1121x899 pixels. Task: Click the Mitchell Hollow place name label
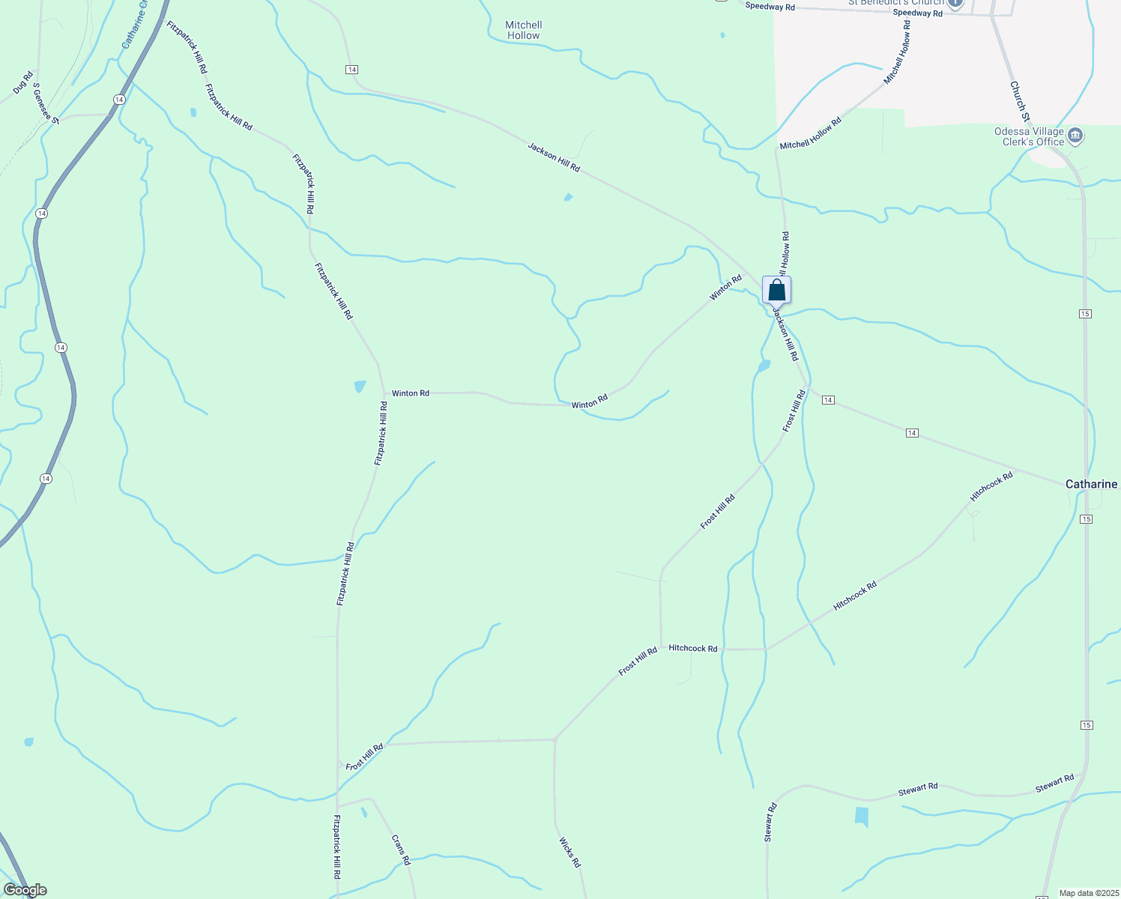point(523,30)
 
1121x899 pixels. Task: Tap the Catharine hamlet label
point(1091,484)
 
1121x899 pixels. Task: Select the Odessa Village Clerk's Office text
point(1029,136)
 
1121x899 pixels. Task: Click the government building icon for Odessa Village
point(1075,136)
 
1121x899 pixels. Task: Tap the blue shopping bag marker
point(776,290)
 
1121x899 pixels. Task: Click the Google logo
point(25,890)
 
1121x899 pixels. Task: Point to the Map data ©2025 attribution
point(1087,893)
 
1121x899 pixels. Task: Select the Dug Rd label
point(23,82)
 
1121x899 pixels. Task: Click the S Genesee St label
point(46,102)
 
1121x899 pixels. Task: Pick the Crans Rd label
point(402,850)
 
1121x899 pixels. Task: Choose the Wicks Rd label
point(569,853)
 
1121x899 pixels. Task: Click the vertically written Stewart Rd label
point(770,823)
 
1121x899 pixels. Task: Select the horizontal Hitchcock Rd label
point(692,648)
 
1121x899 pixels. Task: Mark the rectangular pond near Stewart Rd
point(862,817)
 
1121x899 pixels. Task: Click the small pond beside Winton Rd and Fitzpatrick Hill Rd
point(360,387)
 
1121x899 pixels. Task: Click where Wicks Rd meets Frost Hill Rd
point(555,739)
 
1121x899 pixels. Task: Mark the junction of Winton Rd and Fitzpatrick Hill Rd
point(385,393)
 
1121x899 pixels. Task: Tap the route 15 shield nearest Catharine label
point(1086,519)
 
